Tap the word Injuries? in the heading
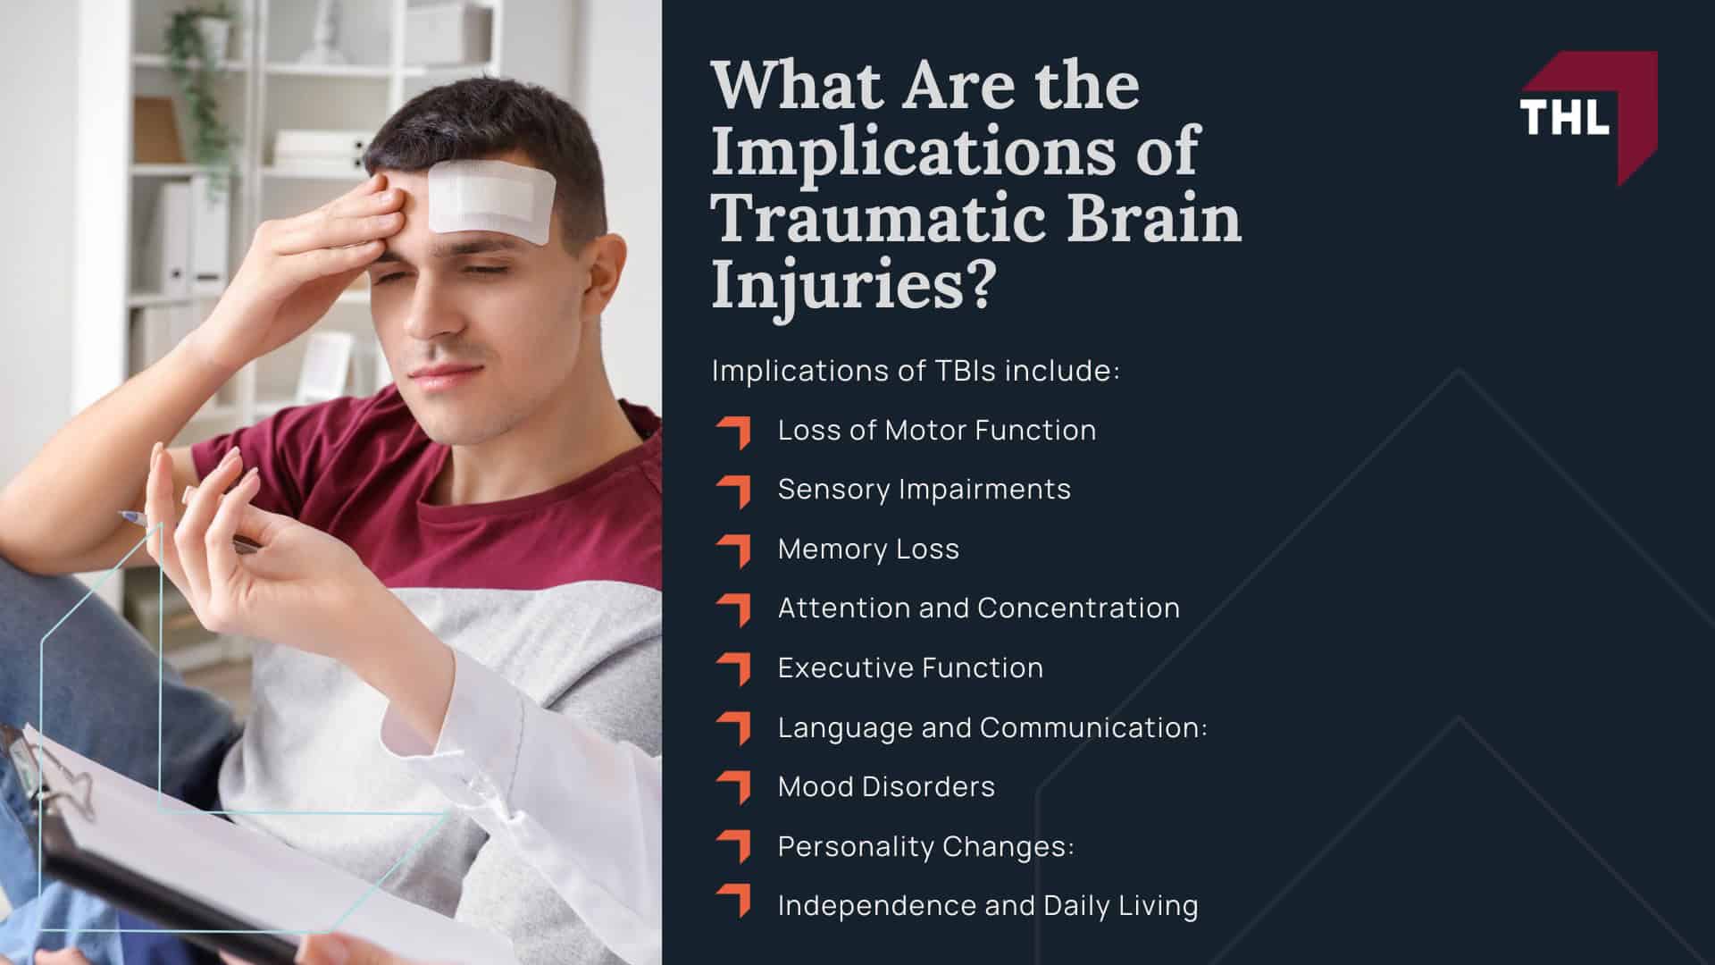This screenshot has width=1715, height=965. coord(852,287)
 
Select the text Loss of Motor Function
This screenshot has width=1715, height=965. coord(936,431)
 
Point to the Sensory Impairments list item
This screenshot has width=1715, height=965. coord(924,490)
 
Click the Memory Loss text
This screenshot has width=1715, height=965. coord(868,549)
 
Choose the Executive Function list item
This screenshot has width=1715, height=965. coord(910,667)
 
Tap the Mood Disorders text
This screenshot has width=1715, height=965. coord(886,787)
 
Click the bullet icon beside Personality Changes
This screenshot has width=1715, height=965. coord(733,846)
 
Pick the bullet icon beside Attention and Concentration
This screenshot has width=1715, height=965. coord(733,608)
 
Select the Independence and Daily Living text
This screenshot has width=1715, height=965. coord(988,906)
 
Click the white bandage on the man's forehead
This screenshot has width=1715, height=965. coord(490,202)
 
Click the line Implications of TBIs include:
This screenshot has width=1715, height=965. coord(915,371)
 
